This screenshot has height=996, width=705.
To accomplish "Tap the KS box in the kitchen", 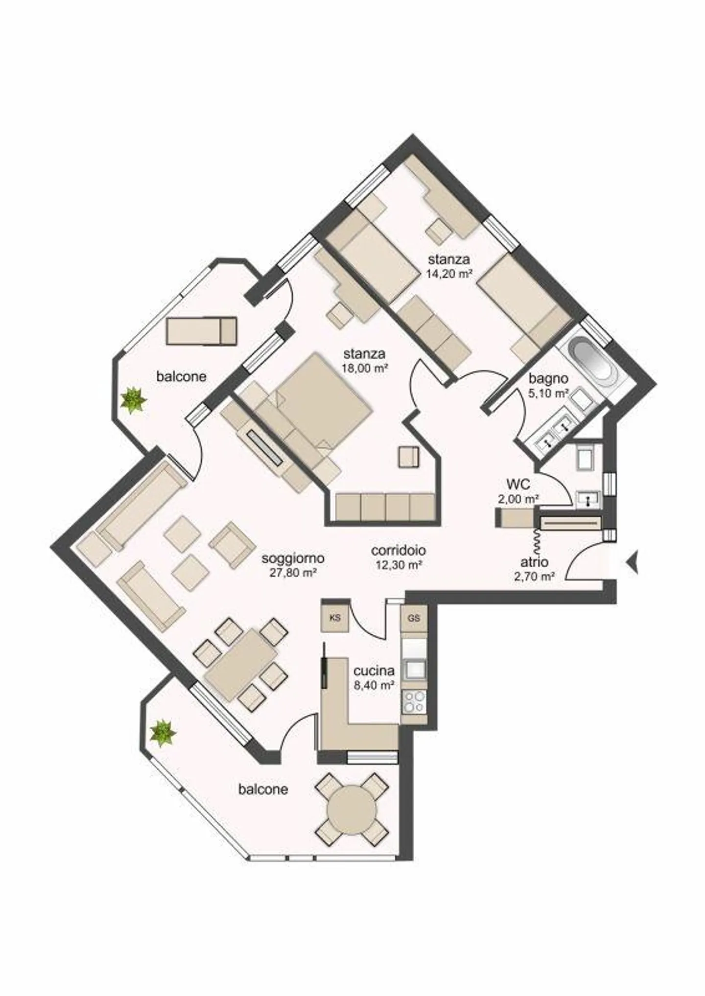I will (335, 618).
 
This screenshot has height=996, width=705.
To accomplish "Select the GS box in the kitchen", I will (414, 618).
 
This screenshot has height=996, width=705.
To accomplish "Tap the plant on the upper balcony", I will (134, 400).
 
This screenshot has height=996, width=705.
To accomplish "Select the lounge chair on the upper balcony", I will (201, 331).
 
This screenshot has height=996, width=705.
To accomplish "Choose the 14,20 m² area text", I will (448, 274).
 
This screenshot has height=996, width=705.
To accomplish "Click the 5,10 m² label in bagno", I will (549, 393).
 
